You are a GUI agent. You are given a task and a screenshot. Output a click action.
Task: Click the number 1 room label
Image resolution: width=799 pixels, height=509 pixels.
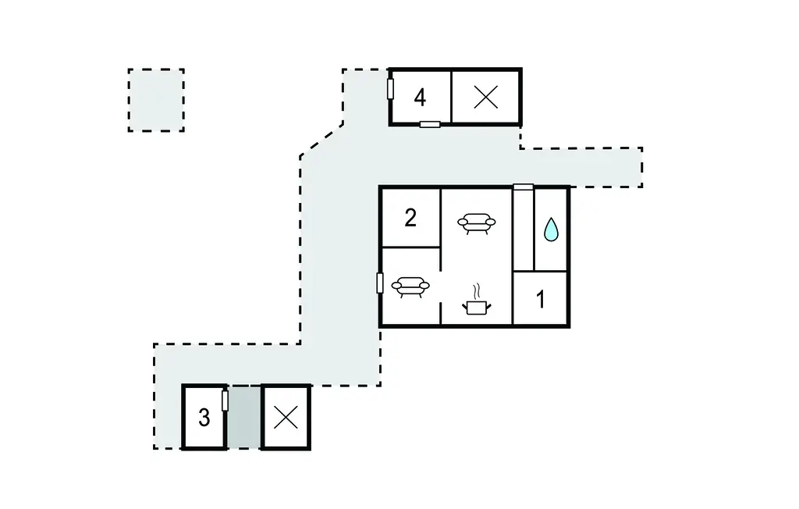(541, 299)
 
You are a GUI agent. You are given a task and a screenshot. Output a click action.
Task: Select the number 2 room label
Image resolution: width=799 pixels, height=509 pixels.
(410, 218)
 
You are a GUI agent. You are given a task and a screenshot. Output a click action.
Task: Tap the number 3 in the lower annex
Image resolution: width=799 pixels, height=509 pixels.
(204, 418)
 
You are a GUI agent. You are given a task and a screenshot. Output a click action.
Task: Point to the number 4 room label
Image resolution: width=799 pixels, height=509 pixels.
(420, 97)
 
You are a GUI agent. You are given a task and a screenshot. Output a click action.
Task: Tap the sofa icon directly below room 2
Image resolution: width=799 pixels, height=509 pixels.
(410, 287)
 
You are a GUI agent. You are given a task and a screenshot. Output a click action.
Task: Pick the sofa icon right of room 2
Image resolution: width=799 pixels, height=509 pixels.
(477, 223)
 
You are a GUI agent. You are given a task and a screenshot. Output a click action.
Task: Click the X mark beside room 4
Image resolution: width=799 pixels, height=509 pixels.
(485, 97)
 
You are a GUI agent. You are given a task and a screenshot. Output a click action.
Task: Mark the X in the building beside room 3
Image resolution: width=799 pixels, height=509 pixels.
(286, 418)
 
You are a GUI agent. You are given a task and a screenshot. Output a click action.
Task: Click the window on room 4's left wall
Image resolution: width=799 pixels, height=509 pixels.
(390, 89)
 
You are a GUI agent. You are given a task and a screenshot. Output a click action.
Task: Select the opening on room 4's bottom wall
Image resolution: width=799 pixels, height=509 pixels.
(430, 124)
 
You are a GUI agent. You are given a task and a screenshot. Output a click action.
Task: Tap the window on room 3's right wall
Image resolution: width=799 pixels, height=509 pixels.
(225, 400)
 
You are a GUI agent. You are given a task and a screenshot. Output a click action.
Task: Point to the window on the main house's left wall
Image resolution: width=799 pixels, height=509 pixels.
(380, 283)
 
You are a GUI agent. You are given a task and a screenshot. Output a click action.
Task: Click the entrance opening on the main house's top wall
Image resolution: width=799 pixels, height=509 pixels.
(523, 187)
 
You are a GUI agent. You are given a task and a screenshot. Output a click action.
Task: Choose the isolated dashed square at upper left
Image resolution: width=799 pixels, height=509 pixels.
(156, 100)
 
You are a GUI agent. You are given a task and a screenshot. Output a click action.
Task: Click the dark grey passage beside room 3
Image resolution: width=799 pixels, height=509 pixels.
(244, 417)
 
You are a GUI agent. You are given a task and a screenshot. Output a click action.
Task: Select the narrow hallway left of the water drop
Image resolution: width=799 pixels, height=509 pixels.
(523, 230)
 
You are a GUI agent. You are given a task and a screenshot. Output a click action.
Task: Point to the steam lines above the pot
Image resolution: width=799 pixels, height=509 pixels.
(477, 292)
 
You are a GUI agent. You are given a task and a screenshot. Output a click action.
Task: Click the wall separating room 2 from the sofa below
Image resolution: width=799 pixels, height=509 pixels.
(410, 247)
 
